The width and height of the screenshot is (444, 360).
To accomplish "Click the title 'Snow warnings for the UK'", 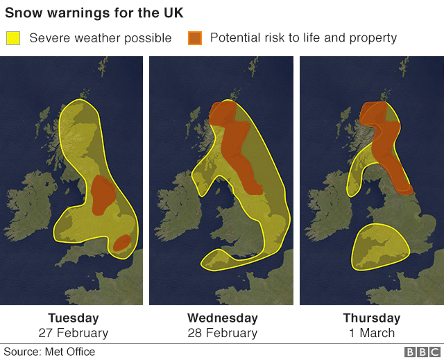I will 94,14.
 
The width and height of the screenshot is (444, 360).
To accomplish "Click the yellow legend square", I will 13,37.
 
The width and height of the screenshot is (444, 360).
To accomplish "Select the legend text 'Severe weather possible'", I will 100,37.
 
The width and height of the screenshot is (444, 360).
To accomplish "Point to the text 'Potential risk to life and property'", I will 303,37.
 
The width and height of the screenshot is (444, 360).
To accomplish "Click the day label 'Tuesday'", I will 74,318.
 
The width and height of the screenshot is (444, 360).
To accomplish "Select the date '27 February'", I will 74,333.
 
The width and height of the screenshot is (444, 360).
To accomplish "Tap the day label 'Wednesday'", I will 223,318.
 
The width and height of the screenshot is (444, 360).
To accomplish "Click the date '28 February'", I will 223,333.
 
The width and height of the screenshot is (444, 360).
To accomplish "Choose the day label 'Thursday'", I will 372,318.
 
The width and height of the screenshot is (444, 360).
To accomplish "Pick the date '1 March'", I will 372,333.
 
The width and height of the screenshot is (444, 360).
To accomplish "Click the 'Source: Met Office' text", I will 50,352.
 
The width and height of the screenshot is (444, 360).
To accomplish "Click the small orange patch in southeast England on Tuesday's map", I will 122,243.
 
